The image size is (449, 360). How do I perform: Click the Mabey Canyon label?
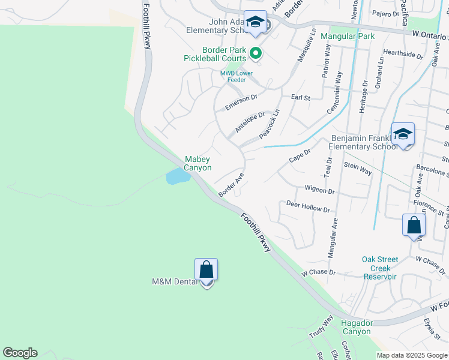[x=197, y=164]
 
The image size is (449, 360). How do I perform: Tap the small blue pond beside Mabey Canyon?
[x=175, y=176]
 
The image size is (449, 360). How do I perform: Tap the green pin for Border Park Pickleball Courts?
[x=256, y=54]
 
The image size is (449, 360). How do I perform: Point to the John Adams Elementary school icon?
[x=256, y=23]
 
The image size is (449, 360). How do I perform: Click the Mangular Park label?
[x=348, y=36]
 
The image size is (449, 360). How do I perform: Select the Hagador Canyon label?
[x=357, y=327]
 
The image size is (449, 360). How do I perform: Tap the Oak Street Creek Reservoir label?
[x=380, y=268]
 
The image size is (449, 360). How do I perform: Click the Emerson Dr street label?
[x=241, y=101]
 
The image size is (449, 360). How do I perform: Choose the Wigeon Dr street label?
[x=319, y=190]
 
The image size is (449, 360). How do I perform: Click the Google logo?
[x=20, y=353]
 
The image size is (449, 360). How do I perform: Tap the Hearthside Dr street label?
[x=403, y=54]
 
